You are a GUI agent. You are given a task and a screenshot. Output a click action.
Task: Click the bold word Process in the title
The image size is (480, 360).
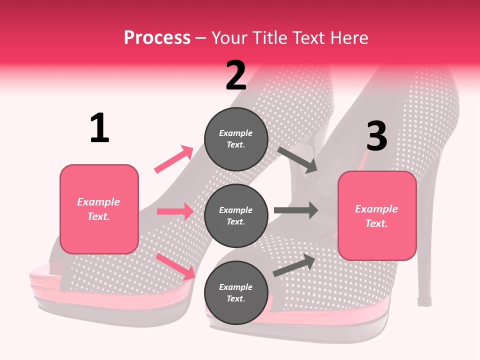tap(157, 38)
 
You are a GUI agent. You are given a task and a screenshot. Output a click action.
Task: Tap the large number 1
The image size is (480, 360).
tap(99, 128)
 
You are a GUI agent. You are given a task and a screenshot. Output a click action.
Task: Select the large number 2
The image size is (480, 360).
tap(236, 75)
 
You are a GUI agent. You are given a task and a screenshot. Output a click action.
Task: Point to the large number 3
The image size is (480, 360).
tap(376, 136)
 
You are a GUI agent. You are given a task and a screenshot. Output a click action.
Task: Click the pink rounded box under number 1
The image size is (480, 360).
tap(99, 209)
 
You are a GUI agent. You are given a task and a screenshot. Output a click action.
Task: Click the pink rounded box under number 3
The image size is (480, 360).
tap(377, 215)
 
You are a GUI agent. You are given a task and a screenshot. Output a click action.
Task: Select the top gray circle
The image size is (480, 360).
tap(236, 139)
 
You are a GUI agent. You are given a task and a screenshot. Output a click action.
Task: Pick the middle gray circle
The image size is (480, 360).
tap(236, 215)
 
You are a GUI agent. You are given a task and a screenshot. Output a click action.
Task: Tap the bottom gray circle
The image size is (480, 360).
tap(236, 292)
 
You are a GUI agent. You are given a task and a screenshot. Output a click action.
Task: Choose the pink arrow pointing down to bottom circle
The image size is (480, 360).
tap(175, 266)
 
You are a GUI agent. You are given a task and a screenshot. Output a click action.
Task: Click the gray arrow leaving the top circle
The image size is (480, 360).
tap(297, 160)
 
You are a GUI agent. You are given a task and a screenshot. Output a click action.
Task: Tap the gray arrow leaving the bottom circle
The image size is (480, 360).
tap(294, 265)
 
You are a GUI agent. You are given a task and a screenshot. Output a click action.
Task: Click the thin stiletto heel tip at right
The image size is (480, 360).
tap(424, 302)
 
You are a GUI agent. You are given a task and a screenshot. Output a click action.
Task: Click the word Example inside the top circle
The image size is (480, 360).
tap(236, 133)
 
